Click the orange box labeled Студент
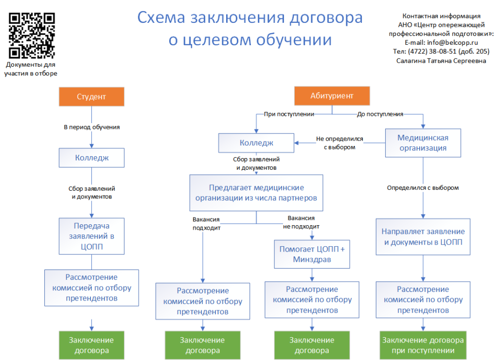click(x=91, y=96)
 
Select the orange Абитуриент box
click(x=332, y=96)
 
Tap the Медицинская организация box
click(x=423, y=143)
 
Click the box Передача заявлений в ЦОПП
click(x=91, y=236)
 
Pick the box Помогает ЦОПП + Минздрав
click(x=312, y=254)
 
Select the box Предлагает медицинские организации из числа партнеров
click(x=256, y=193)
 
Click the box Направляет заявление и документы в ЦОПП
click(x=423, y=237)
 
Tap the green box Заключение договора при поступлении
click(x=423, y=345)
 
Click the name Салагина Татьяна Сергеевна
click(x=441, y=60)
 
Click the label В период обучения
click(x=92, y=127)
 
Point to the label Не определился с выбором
click(x=339, y=143)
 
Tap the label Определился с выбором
click(x=423, y=187)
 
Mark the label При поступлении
click(x=289, y=114)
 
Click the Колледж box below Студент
click(x=91, y=158)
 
